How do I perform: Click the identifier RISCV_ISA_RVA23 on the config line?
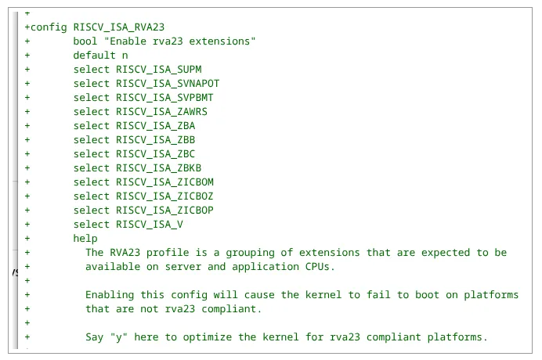(x=119, y=27)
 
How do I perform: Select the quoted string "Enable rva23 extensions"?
(x=180, y=41)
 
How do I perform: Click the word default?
(x=94, y=56)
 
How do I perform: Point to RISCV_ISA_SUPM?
(x=159, y=70)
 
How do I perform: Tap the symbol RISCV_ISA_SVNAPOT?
(x=168, y=84)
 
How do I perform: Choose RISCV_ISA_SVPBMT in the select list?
(x=164, y=98)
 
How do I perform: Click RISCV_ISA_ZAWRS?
(x=161, y=112)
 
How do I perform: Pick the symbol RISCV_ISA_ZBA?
(x=156, y=126)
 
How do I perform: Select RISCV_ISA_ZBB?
(x=156, y=140)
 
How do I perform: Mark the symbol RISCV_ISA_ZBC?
(x=156, y=154)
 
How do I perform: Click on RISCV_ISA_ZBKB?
(x=159, y=168)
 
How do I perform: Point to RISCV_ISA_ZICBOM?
(x=165, y=182)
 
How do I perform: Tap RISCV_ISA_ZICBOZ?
(x=164, y=196)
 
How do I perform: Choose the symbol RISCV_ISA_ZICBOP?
(x=164, y=211)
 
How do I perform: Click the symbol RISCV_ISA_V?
(x=150, y=225)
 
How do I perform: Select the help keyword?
(x=85, y=239)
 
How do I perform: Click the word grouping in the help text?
(x=251, y=253)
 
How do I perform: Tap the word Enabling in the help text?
(x=110, y=295)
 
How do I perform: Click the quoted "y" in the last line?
(x=119, y=337)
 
